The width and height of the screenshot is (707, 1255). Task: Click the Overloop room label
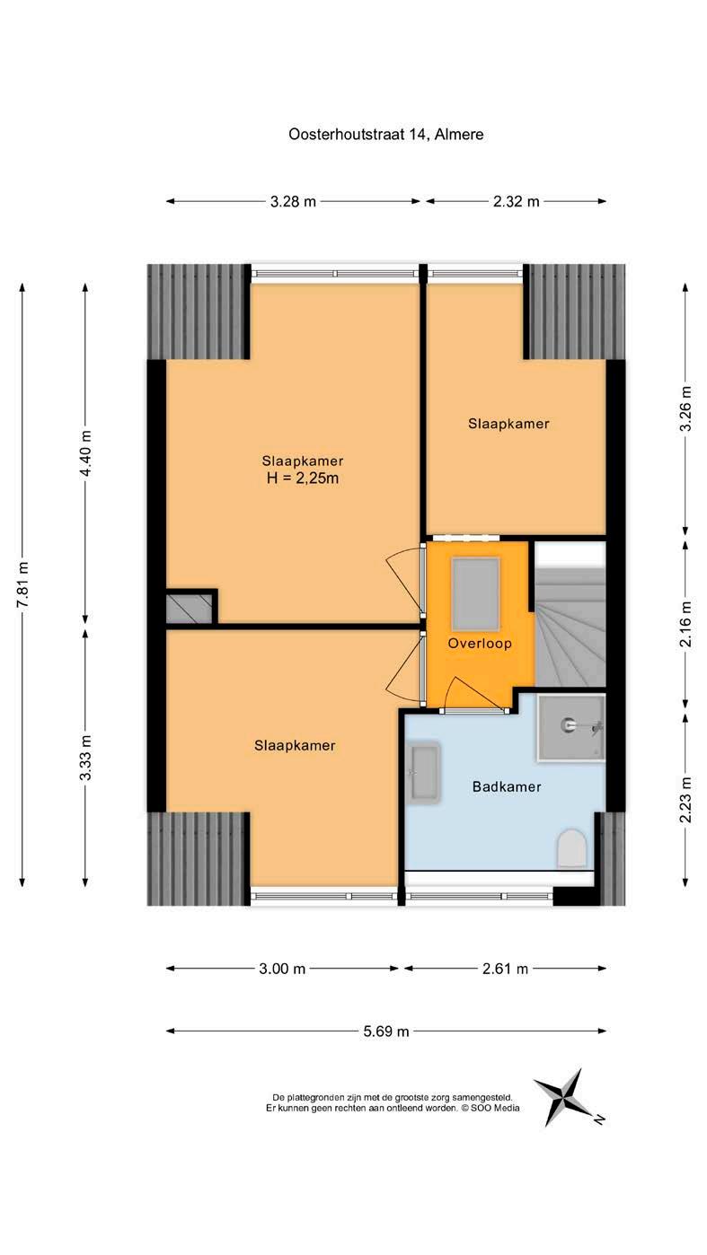click(x=480, y=643)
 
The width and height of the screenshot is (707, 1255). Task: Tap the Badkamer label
click(x=507, y=786)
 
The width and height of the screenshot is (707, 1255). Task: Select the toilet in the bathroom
click(x=572, y=849)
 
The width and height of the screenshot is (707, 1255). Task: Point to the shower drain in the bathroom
click(x=568, y=725)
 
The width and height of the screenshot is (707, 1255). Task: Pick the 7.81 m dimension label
click(x=23, y=583)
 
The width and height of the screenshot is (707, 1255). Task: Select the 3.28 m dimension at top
click(x=293, y=202)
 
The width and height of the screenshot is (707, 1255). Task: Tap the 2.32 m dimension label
click(x=516, y=202)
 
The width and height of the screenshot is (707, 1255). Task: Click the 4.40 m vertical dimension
click(x=85, y=452)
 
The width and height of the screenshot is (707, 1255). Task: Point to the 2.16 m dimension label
click(x=685, y=624)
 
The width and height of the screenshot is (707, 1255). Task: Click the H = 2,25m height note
click(x=303, y=478)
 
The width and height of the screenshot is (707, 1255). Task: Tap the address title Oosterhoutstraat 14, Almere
click(x=385, y=135)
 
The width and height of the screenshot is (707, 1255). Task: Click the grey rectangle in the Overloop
click(x=475, y=594)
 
